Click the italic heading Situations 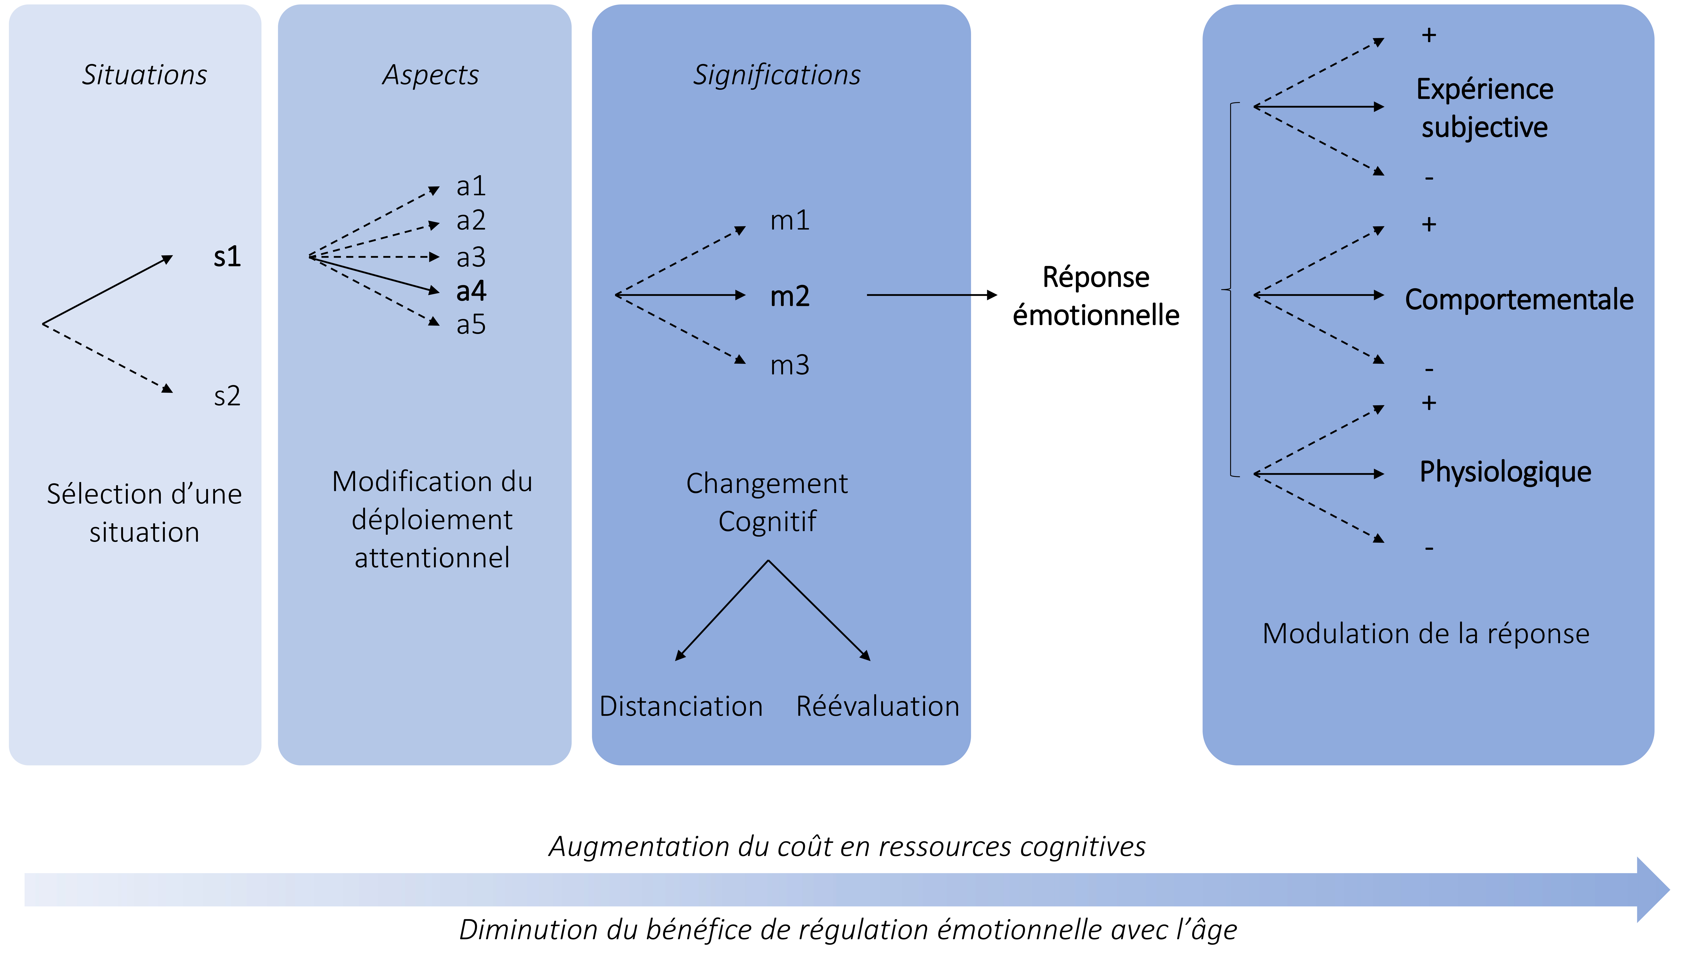click(144, 75)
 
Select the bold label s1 click(227, 256)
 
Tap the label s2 click(227, 396)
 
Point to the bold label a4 click(471, 291)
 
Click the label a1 click(471, 186)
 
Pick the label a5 click(471, 324)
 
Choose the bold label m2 click(790, 296)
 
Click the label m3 click(790, 365)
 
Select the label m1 click(790, 220)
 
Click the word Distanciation click(681, 706)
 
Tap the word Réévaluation click(878, 706)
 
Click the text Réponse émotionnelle click(1096, 296)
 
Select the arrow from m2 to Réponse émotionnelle click(931, 295)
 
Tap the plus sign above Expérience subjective click(1428, 35)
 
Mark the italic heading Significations click(777, 75)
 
